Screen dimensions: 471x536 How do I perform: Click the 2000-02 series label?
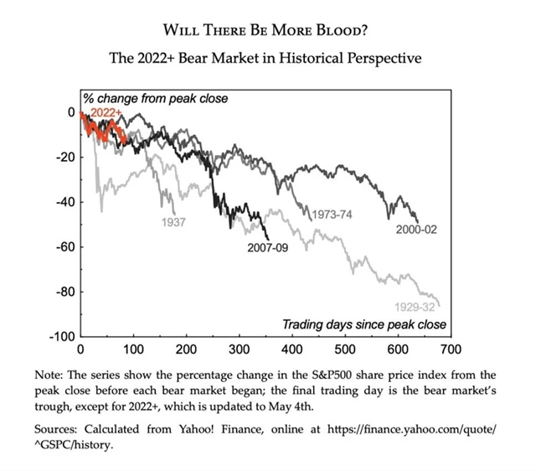[423, 228]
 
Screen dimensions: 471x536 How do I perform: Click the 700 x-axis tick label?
[451, 349]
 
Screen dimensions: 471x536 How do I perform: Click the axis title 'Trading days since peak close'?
[363, 324]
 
